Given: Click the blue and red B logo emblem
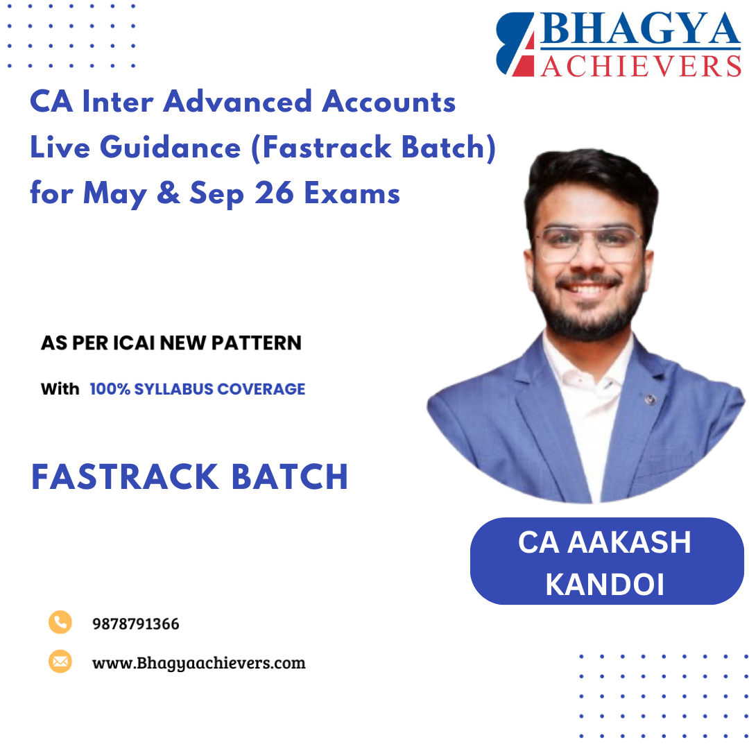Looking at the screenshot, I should point(515,44).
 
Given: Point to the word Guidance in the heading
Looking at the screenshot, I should point(166,148).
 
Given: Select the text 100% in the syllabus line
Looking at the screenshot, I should point(111,389).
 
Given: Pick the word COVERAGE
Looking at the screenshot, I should point(261,389).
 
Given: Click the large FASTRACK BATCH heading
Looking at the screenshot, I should point(189,477).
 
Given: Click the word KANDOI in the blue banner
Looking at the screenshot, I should point(605,584).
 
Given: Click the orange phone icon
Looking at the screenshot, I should point(60,622).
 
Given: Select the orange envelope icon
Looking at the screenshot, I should point(60,661).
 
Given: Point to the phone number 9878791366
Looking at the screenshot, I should point(135,623).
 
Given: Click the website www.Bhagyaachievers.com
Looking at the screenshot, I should point(198,662).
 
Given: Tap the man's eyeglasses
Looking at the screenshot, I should point(589,243).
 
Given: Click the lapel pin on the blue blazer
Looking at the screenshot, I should point(649,399).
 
